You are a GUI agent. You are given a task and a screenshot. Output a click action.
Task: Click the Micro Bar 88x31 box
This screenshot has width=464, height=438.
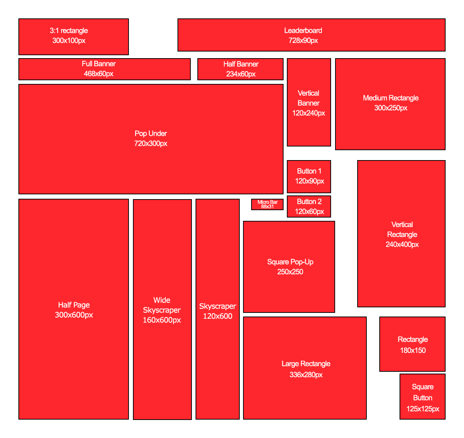click(267, 204)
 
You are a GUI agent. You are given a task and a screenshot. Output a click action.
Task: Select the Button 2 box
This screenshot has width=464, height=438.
click(309, 206)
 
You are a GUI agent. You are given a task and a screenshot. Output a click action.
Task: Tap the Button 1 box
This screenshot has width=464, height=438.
click(309, 176)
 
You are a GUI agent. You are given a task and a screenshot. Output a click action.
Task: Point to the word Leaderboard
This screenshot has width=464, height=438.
click(303, 31)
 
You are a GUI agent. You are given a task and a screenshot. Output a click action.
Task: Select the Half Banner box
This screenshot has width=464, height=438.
click(240, 69)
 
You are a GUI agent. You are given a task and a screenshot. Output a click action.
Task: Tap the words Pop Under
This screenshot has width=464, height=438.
click(151, 134)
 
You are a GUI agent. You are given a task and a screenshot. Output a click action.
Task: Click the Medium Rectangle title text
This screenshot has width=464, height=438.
click(391, 98)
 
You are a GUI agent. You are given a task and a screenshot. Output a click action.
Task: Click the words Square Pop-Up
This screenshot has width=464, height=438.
click(290, 262)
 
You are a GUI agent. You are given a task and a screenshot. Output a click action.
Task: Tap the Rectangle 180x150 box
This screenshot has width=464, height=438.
click(412, 344)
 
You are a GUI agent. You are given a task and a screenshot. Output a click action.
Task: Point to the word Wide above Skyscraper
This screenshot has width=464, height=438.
click(162, 300)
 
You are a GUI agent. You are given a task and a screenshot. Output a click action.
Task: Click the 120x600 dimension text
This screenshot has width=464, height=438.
click(218, 316)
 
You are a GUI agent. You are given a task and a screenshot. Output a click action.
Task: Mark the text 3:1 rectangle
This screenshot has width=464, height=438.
click(69, 31)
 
